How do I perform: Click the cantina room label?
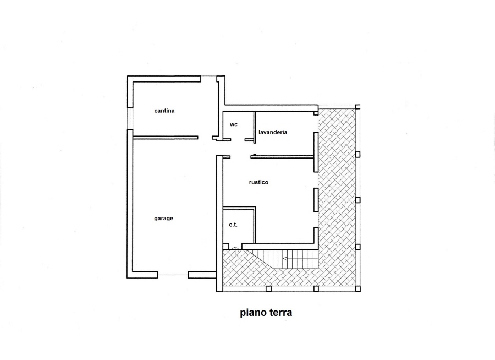(164, 111)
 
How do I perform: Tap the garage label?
(163, 219)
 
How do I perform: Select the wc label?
(234, 124)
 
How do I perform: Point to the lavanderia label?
(273, 132)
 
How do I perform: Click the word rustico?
(258, 182)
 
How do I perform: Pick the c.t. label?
(233, 225)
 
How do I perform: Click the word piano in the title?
(254, 313)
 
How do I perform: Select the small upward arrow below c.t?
(235, 250)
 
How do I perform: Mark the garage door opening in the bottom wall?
(173, 275)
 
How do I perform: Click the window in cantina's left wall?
(130, 118)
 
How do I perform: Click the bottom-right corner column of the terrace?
(358, 288)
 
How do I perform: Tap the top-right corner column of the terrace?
(358, 107)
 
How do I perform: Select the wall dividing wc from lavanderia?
(255, 127)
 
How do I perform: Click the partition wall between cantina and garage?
(166, 138)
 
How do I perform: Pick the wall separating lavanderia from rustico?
(283, 156)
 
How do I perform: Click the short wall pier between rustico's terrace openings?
(316, 200)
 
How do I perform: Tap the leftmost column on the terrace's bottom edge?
(268, 288)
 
